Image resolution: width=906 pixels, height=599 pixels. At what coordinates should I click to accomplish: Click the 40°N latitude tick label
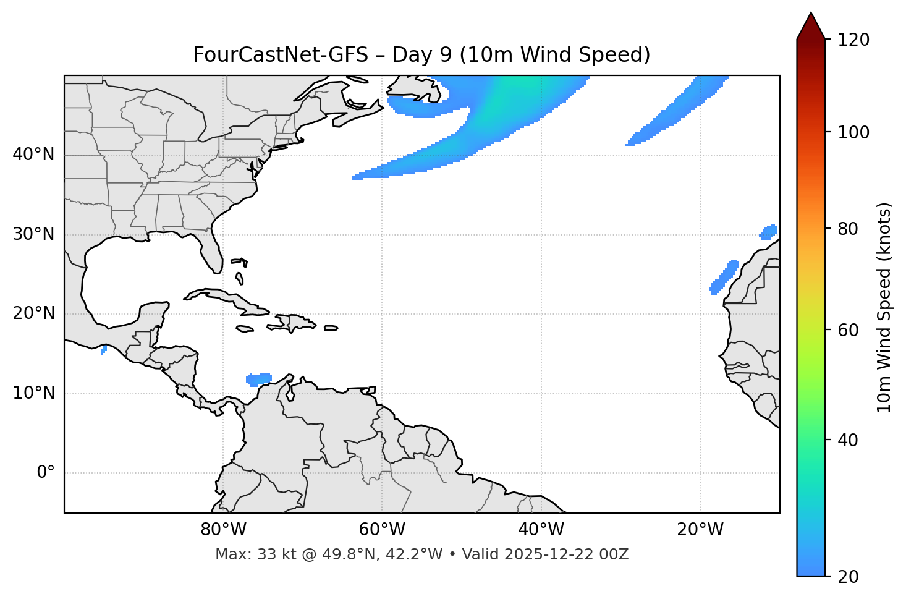point(33,155)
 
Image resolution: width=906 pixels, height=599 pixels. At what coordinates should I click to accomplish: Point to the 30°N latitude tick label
point(33,234)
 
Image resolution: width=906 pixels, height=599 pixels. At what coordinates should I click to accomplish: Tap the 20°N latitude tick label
point(33,313)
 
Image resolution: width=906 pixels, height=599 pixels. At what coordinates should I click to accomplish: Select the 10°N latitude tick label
point(33,393)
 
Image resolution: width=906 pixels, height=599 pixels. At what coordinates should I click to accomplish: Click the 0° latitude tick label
point(46,473)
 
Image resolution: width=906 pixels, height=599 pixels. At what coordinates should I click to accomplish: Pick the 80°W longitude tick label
point(223,530)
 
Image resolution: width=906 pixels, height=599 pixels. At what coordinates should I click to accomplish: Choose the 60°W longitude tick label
point(382,530)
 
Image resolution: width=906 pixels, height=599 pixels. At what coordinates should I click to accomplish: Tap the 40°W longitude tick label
point(541,530)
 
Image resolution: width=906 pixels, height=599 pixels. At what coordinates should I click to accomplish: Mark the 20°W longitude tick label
point(700,530)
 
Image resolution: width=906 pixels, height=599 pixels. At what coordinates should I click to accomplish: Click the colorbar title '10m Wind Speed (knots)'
point(884,307)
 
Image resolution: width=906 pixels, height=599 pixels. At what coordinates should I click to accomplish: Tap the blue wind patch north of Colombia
point(259,379)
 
